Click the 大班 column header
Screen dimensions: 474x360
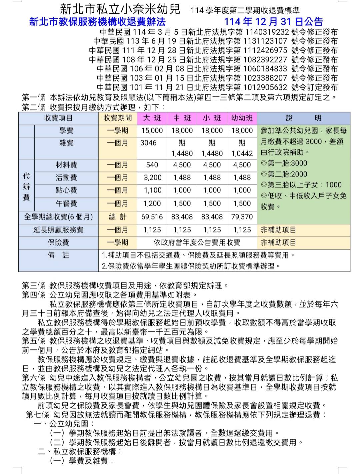(152, 118)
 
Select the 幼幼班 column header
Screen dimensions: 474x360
(242, 118)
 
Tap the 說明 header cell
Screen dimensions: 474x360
(303, 118)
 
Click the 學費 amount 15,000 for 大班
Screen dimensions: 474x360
(152, 131)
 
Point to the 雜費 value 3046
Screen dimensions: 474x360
(148, 143)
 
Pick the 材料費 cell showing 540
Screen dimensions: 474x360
(152, 165)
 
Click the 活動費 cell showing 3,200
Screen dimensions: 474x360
(152, 178)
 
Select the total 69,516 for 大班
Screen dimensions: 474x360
(152, 217)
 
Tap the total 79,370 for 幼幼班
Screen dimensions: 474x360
(242, 217)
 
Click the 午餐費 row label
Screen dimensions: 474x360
(66, 204)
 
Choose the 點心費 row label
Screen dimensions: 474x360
(66, 190)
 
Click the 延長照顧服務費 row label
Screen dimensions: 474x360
(58, 230)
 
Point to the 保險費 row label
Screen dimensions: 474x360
(58, 242)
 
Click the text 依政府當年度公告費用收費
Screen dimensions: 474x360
(197, 242)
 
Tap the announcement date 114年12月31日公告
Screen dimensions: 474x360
(273, 22)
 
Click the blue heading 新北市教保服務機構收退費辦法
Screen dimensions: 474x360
(97, 22)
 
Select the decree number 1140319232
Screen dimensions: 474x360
(267, 32)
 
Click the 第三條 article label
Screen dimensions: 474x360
(33, 285)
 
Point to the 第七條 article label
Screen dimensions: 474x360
(37, 415)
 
